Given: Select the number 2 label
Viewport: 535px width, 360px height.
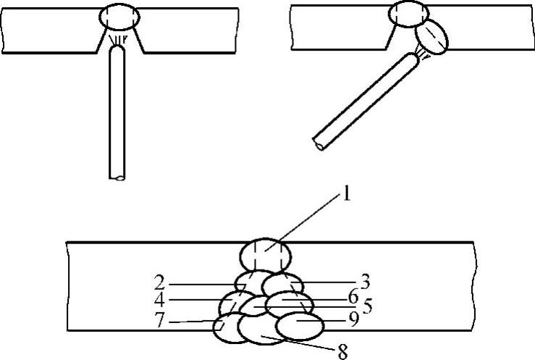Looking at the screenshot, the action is point(159,283).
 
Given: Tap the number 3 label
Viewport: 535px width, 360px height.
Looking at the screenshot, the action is point(365,282).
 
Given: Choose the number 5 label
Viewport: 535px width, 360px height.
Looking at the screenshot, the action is point(367,306).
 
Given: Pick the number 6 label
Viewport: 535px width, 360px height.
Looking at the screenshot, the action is point(353,296).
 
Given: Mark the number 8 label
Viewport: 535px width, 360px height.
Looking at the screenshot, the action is point(342,351).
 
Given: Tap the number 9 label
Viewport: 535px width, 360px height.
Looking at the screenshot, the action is point(353,319).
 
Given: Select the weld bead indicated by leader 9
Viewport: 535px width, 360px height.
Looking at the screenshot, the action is point(300,326).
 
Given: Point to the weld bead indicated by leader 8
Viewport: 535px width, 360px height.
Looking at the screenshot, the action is point(261,330).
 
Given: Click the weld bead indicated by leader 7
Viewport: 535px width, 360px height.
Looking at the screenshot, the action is point(226,327).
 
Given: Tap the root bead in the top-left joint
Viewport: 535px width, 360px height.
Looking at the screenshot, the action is point(119,17).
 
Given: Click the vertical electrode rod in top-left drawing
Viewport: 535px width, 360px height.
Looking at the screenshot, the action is point(117,112).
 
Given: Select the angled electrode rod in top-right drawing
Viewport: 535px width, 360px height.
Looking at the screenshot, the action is point(365,101).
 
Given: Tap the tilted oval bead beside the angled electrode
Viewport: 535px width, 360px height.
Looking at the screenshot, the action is point(431,37).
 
